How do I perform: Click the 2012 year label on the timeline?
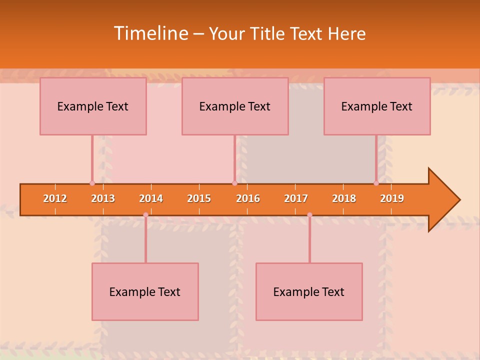coord(55,198)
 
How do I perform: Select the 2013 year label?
coord(103,198)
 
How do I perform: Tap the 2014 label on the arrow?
coord(151,198)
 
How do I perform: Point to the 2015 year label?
coord(199,198)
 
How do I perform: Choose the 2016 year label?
coord(248,198)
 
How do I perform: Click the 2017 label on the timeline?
coord(296,198)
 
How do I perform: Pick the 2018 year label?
coord(344,198)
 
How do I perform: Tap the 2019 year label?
coord(392,198)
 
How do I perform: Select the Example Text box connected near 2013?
coord(93,106)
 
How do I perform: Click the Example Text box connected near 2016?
coord(235,106)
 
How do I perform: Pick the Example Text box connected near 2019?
coord(377,106)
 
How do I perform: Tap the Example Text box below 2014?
coord(145,291)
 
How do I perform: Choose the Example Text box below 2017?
coord(309,291)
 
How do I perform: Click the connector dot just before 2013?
coord(92,183)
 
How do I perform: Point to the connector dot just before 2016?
coord(234,183)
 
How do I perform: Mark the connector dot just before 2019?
coord(376,183)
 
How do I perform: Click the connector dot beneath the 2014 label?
coord(145,215)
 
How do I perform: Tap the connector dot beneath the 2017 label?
coord(309,215)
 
